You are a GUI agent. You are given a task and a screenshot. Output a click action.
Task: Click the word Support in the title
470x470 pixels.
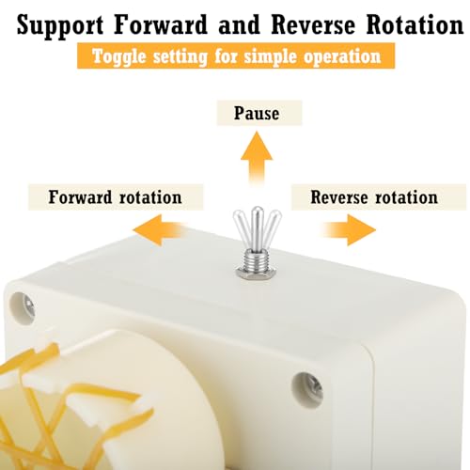pos(60,25)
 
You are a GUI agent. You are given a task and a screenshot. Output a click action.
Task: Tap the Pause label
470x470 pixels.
pos(257,113)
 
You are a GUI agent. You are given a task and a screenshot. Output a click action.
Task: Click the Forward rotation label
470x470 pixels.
pos(116,197)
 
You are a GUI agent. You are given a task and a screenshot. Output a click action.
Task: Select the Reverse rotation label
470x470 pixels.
pos(374,197)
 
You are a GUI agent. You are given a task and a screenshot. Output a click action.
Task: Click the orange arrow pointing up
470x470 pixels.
pos(257,157)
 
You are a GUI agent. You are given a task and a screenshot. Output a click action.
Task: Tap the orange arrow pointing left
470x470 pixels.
pos(160,230)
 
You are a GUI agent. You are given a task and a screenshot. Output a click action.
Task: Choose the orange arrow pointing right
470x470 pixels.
pos(350,230)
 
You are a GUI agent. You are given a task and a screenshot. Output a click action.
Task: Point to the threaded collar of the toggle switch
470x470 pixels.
pos(257,260)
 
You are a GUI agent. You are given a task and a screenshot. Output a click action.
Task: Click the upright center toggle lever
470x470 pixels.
pos(257,228)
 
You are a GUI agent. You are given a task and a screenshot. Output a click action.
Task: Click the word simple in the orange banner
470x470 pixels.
pos(270,57)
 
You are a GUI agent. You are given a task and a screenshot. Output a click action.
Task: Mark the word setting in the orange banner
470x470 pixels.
pos(180,57)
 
